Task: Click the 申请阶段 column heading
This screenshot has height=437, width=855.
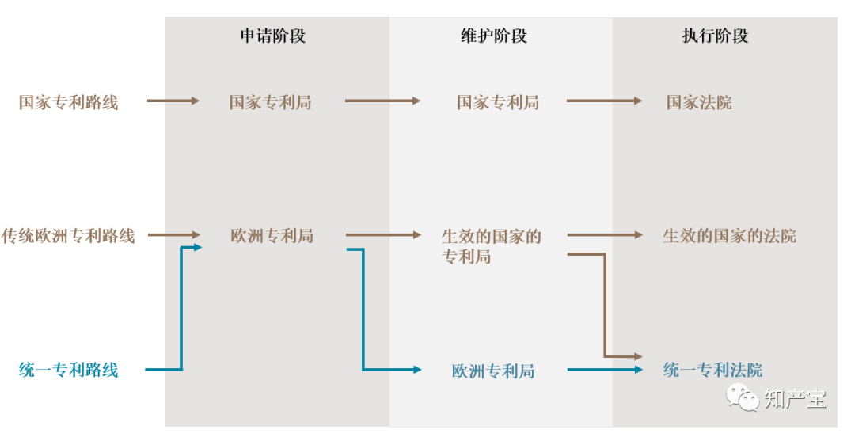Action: click(272, 36)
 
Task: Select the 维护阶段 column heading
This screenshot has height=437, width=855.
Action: click(493, 36)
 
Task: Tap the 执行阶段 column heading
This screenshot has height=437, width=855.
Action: click(715, 36)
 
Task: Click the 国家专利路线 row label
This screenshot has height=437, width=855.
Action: click(68, 102)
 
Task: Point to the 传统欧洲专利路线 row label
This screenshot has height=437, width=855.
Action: click(68, 236)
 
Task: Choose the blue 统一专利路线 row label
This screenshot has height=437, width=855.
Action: click(68, 370)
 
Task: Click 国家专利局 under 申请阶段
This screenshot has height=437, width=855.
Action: click(270, 102)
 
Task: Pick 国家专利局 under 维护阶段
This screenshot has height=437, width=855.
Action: click(497, 102)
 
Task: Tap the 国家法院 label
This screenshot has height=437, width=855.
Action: click(699, 102)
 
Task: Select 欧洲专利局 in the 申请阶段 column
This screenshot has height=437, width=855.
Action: click(272, 236)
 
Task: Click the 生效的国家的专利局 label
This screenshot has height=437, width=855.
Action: click(491, 245)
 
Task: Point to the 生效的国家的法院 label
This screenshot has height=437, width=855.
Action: click(729, 236)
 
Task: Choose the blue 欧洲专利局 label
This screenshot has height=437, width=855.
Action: click(493, 370)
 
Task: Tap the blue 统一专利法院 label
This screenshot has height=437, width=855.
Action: click(712, 370)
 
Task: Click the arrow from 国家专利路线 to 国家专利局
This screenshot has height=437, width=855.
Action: click(173, 101)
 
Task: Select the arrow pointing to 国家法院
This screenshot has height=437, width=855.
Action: click(605, 101)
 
